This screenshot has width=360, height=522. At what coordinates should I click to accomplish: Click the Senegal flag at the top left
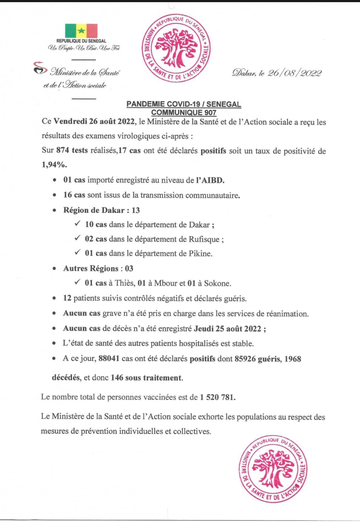[81, 31]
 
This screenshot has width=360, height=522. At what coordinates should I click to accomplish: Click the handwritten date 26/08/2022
[294, 73]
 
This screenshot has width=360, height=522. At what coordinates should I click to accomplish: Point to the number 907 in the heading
[210, 113]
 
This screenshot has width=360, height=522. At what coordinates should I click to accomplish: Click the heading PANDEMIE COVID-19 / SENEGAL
[183, 104]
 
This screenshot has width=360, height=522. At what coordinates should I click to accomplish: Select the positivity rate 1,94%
[54, 165]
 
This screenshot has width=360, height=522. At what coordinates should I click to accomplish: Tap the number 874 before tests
[63, 150]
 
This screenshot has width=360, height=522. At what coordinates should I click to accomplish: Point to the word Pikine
[200, 254]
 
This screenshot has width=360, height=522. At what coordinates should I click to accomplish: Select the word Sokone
[217, 283]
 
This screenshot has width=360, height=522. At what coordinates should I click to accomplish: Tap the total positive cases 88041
[109, 359]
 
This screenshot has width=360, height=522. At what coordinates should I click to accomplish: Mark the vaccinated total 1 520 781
[217, 397]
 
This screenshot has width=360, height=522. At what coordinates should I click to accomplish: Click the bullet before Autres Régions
[54, 268]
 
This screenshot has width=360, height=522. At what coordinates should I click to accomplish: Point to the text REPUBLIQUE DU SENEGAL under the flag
[81, 41]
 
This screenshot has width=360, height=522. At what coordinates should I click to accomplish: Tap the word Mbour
[166, 283]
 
